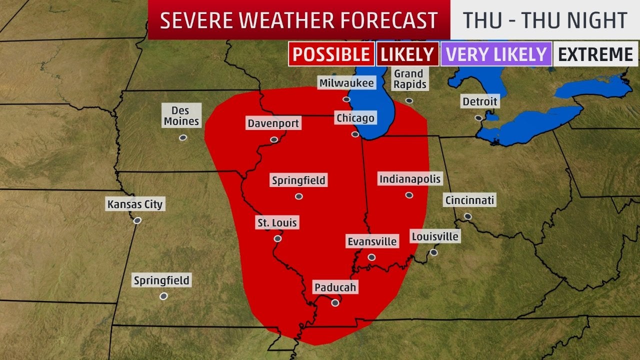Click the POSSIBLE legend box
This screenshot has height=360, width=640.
tap(331, 54)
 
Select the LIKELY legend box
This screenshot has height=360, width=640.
tap(407, 54)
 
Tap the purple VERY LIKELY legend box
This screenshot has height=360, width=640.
tap(496, 54)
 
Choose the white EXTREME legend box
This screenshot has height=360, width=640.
tap(595, 54)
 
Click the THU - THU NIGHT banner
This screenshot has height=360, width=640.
tap(545, 20)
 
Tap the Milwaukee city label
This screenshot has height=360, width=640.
tap(346, 83)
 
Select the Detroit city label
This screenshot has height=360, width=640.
tap(479, 102)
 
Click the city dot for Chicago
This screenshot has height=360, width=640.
tap(355, 134)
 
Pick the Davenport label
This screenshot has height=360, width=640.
tap(273, 123)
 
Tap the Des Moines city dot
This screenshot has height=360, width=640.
tap(183, 137)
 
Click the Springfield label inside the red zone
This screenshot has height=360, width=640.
tap(298, 180)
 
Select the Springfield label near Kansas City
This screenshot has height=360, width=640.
tap(161, 280)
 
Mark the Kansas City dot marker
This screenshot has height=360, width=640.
tap(137, 220)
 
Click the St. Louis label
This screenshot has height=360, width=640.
tap(276, 223)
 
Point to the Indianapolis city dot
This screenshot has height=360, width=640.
tap(409, 195)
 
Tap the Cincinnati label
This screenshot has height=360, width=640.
tap(469, 200)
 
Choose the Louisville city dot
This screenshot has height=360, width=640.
tap(433, 252)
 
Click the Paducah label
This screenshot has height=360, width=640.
tap(335, 287)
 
